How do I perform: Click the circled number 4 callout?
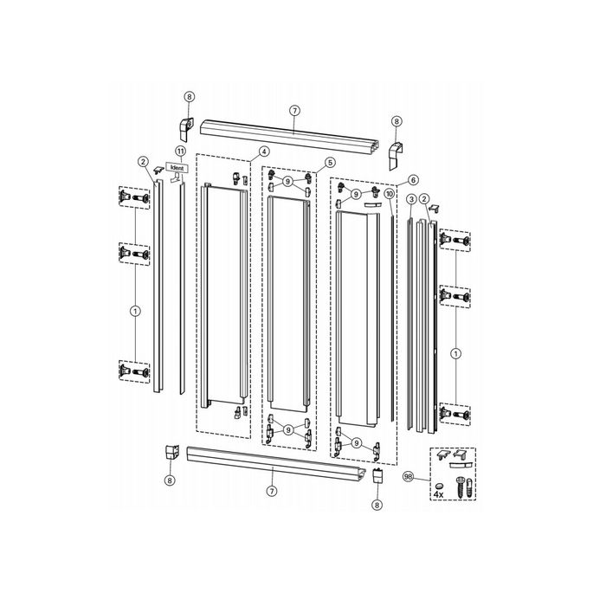click(264, 151)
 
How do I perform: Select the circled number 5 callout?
click(330, 163)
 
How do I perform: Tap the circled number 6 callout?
click(413, 180)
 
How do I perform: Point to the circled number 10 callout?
click(390, 194)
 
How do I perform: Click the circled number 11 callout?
click(181, 151)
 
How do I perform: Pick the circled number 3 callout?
click(412, 199)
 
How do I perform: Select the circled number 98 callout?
click(409, 477)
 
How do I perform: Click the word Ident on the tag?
click(177, 168)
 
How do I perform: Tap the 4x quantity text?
click(439, 494)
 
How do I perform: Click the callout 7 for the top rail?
click(294, 111)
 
